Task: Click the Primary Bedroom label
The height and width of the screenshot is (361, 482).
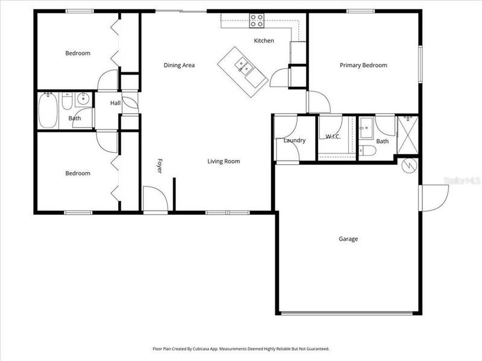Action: pyautogui.click(x=363, y=66)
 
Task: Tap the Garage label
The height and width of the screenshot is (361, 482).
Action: pyautogui.click(x=348, y=239)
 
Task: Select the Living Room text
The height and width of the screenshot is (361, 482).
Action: pyautogui.click(x=224, y=161)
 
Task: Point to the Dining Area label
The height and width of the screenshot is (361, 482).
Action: pyautogui.click(x=179, y=66)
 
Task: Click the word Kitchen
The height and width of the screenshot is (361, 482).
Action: pyautogui.click(x=264, y=41)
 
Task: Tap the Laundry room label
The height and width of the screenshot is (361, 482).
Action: pyautogui.click(x=295, y=140)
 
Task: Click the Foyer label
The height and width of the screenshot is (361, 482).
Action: pyautogui.click(x=160, y=166)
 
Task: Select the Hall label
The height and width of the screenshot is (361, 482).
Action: pyautogui.click(x=115, y=103)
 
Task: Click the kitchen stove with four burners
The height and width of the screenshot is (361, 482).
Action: pyautogui.click(x=257, y=20)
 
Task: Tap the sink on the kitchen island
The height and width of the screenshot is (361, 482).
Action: pyautogui.click(x=244, y=65)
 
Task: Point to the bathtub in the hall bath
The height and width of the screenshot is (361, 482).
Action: pyautogui.click(x=48, y=110)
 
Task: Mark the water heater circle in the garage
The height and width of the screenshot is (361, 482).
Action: pyautogui.click(x=410, y=164)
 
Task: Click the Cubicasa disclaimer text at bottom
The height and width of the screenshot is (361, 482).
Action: pyautogui.click(x=241, y=348)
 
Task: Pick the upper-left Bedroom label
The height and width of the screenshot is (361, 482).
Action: pyautogui.click(x=78, y=53)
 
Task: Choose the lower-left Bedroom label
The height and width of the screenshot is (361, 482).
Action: pyautogui.click(x=78, y=173)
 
